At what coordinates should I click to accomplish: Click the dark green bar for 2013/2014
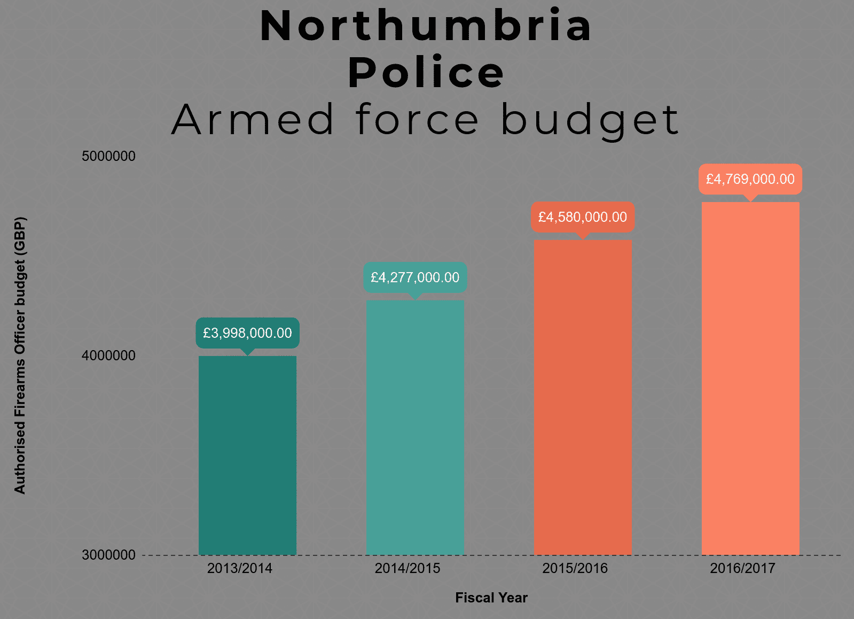point(247,455)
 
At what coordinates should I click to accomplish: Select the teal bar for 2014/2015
point(415,427)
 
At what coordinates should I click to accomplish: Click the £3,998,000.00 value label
point(247,333)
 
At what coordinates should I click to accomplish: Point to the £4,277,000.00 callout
point(415,277)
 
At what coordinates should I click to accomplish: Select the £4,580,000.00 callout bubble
point(583,217)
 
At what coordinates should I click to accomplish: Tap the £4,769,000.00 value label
point(750,179)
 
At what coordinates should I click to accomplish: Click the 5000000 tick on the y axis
point(108,156)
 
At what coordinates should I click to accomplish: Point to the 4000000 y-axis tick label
point(108,355)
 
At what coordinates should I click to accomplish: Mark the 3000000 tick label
point(108,555)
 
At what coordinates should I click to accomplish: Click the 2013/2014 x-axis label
point(240,568)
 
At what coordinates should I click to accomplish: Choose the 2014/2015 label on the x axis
point(408,568)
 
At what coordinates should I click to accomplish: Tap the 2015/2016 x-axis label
point(575,568)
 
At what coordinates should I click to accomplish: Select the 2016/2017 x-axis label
point(742,568)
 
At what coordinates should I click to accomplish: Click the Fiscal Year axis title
point(491,598)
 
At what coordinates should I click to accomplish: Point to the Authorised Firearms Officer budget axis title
point(20,355)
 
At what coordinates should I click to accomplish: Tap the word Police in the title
point(426,73)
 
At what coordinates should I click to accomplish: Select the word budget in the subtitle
point(590,120)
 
